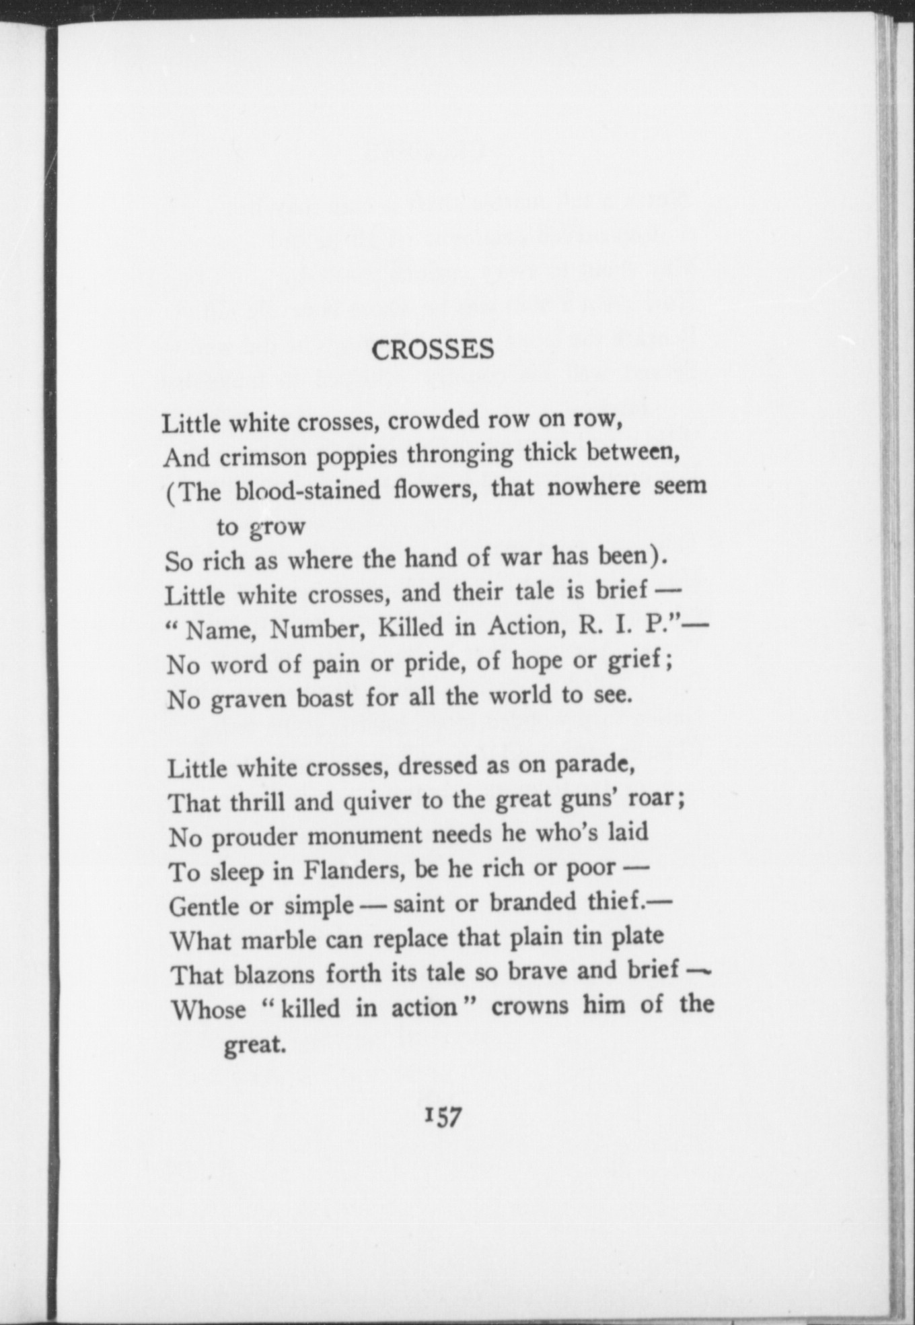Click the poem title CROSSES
[433, 350]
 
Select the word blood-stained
[308, 490]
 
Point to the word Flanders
[354, 871]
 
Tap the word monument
[365, 836]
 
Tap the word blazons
[274, 974]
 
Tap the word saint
[420, 904]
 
